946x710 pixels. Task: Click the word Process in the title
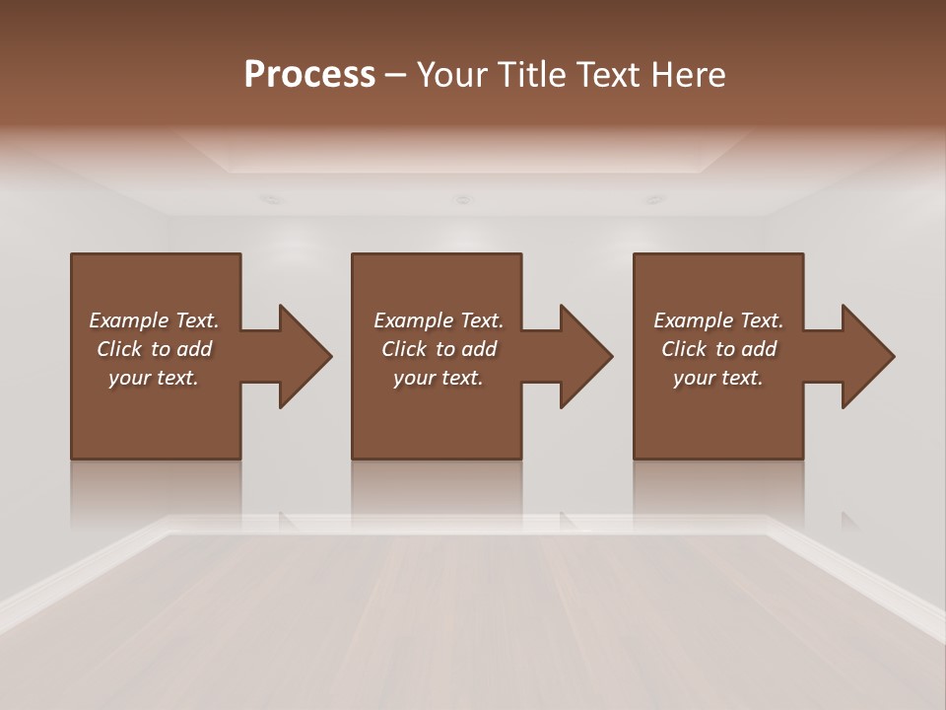click(309, 75)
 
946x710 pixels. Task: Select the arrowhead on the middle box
click(584, 356)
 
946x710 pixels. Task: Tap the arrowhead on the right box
click(866, 356)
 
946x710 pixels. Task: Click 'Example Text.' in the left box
click(154, 320)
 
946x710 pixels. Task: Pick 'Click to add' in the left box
click(154, 349)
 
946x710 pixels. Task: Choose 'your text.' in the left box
click(154, 378)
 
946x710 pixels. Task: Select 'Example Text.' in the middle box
click(439, 320)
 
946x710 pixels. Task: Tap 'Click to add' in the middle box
click(439, 349)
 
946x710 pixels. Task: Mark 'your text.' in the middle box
click(439, 378)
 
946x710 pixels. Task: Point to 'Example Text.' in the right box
click(718, 320)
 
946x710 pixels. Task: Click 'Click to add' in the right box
click(718, 349)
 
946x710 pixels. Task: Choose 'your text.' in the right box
click(718, 378)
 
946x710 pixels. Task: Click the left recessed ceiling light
click(270, 199)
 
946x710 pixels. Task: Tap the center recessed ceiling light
click(461, 199)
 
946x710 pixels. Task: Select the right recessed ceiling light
click(654, 199)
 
